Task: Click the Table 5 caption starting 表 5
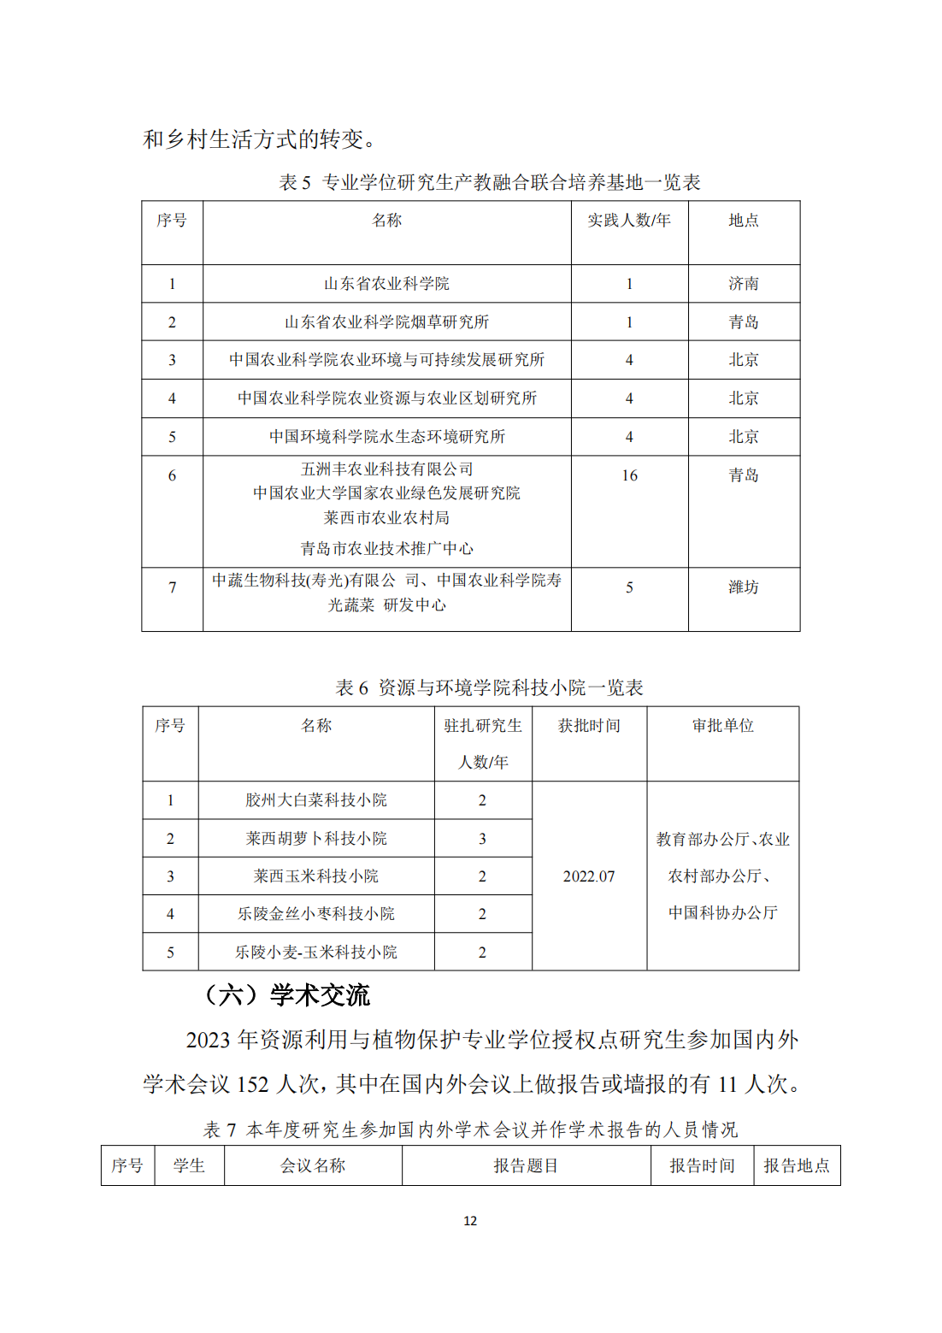point(489,182)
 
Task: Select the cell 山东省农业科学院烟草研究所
point(386,322)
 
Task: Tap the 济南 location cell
point(743,284)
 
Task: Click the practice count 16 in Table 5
point(629,475)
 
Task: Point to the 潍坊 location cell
point(743,587)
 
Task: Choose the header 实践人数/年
point(628,221)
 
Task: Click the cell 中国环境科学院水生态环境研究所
point(386,437)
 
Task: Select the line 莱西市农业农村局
point(386,518)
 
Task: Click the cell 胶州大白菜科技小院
point(316,800)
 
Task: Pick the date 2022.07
point(589,876)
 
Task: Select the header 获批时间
point(589,726)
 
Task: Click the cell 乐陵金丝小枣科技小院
point(316,914)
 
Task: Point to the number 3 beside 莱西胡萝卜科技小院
point(482,839)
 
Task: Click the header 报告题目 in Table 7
point(526,1165)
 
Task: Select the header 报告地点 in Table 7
point(796,1165)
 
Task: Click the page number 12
point(470,1221)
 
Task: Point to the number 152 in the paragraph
point(253,1085)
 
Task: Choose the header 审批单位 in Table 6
point(722,726)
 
